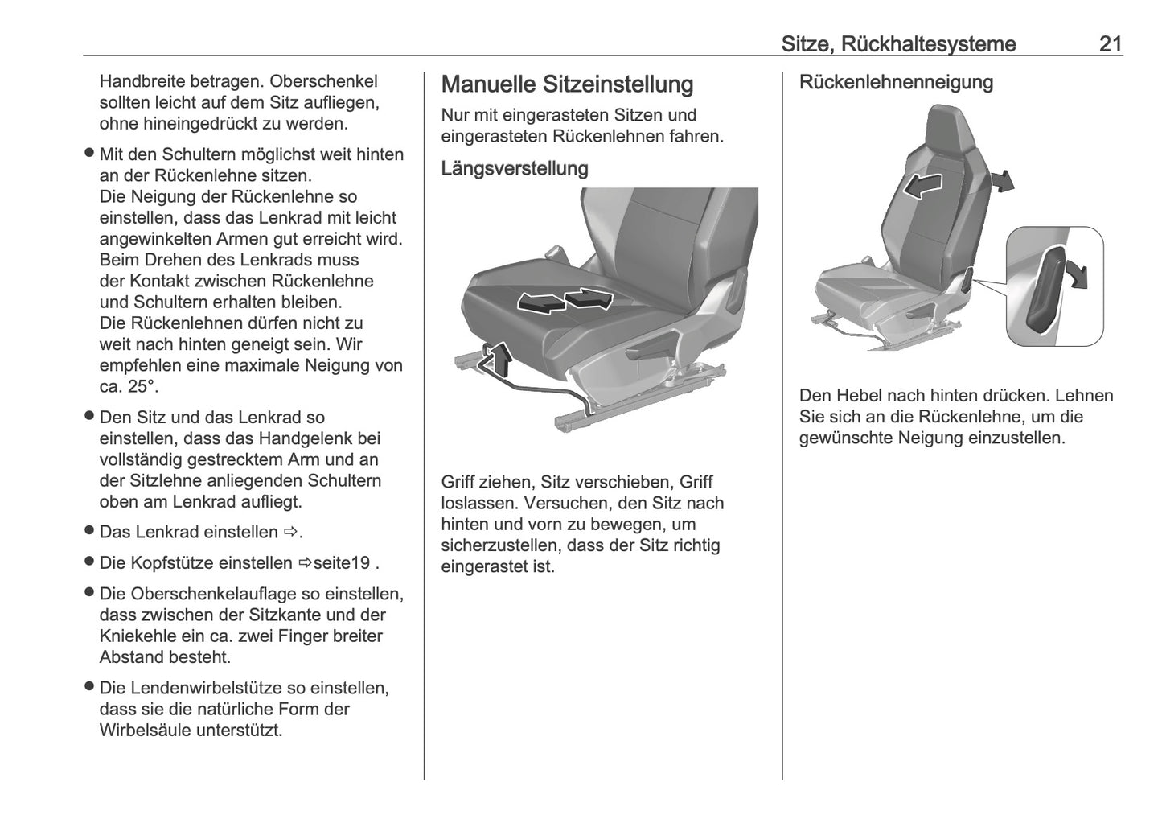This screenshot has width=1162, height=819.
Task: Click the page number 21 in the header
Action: tap(1110, 43)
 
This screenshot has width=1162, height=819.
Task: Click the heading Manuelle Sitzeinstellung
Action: tap(567, 84)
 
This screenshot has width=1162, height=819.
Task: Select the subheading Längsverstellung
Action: tap(514, 169)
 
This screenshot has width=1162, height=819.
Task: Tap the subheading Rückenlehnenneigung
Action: tap(895, 83)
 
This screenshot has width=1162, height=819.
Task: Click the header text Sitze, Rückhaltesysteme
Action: tap(898, 43)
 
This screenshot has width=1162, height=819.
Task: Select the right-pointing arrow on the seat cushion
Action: tap(589, 298)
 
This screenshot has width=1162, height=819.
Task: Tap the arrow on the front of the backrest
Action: tap(922, 186)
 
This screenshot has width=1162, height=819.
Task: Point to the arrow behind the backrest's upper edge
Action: tap(1002, 181)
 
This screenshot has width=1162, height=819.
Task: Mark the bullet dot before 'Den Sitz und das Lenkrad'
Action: tap(89, 417)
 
